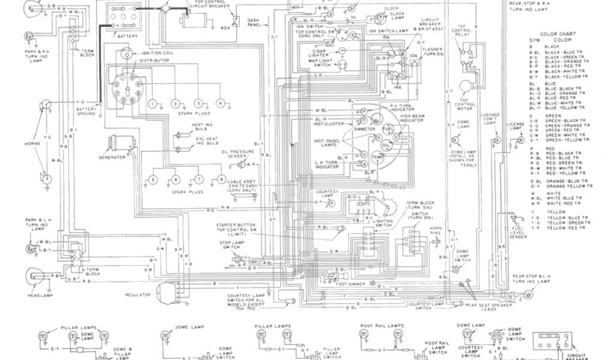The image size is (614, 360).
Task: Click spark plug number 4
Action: (x=221, y=104)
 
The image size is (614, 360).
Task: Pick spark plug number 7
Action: (x=198, y=180)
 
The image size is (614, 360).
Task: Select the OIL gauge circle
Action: (x=387, y=145)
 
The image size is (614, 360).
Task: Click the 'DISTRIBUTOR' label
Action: (x=154, y=61)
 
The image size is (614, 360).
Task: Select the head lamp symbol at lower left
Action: (x=29, y=277)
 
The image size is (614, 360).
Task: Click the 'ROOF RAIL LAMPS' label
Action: (x=376, y=325)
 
